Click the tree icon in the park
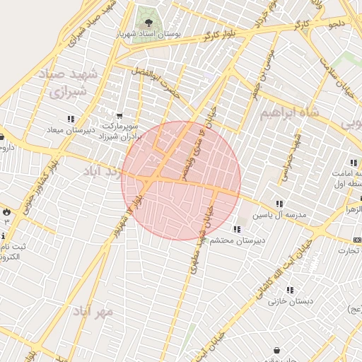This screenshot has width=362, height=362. click(x=148, y=23)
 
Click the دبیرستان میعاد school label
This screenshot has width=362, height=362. click(x=65, y=130)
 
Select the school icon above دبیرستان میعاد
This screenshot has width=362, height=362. click(x=70, y=119)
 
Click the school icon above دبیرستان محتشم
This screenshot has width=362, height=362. click(x=235, y=229)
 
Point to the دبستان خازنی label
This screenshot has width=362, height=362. click(x=291, y=301)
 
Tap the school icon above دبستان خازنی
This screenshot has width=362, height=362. click(x=290, y=290)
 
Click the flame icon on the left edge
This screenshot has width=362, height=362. click(x=6, y=211)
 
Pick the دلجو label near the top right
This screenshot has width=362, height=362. click(x=336, y=24)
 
